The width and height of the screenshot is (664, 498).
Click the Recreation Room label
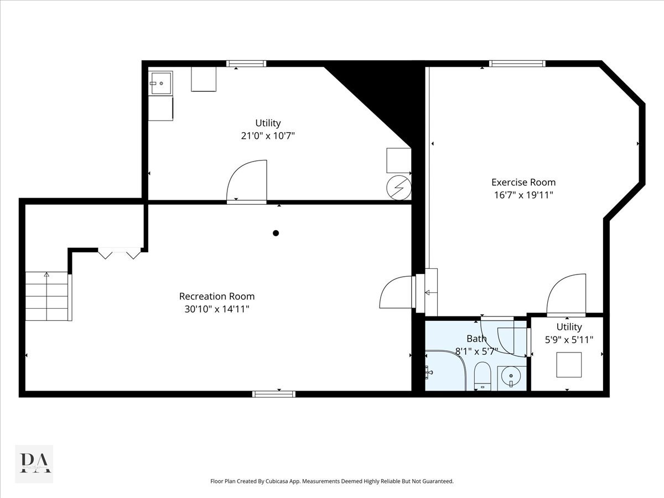tap(217, 296)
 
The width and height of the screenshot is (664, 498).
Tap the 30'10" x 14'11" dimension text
tap(217, 309)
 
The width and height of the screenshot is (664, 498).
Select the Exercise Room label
tap(523, 182)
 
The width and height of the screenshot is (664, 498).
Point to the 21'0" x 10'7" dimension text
tap(268, 136)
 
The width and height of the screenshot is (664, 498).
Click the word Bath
tap(476, 339)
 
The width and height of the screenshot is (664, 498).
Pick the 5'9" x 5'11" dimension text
tap(569, 340)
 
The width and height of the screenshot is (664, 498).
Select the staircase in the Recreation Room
tap(48, 296)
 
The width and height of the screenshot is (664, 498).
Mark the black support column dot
tap(276, 233)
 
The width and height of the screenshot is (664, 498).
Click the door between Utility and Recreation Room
tap(247, 181)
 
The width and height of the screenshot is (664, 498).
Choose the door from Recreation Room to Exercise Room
tap(397, 292)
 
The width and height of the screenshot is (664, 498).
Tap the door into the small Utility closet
tap(566, 294)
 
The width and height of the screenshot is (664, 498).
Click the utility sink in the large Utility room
tap(160, 83)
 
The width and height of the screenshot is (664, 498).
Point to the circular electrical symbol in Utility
tap(399, 187)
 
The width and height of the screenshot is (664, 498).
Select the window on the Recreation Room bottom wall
tap(274, 394)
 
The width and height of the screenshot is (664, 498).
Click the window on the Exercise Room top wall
tap(517, 64)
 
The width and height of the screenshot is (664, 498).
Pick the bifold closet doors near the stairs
tap(119, 253)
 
